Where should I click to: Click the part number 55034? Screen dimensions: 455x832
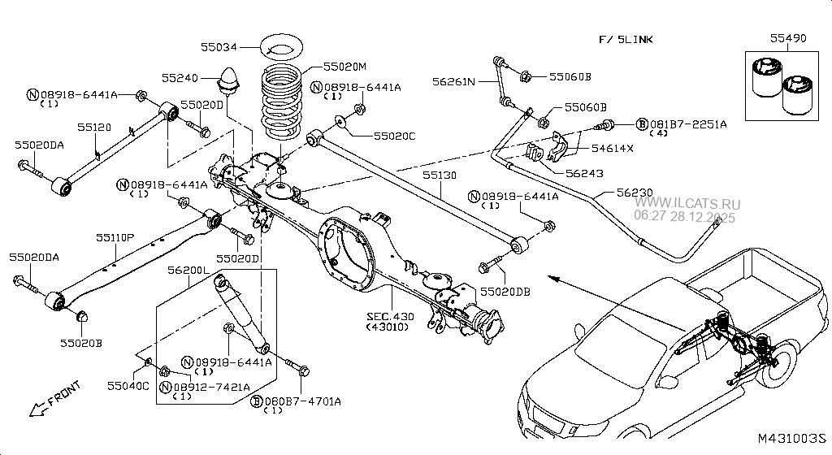(x=219, y=45)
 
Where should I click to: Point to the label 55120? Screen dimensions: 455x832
(x=94, y=128)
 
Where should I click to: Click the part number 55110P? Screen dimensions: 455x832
(x=115, y=237)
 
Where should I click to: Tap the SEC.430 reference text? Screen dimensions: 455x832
(x=392, y=315)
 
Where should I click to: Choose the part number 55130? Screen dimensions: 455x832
(x=439, y=175)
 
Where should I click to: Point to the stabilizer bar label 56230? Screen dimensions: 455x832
(x=634, y=193)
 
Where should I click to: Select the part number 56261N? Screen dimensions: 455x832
(x=453, y=81)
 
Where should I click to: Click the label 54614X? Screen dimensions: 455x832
(x=612, y=149)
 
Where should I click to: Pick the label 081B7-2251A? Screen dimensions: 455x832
(x=687, y=123)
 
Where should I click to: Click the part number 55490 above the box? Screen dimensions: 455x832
(x=786, y=37)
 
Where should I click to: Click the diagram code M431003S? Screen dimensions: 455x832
(x=791, y=439)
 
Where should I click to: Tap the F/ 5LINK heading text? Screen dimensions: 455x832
(x=626, y=39)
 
